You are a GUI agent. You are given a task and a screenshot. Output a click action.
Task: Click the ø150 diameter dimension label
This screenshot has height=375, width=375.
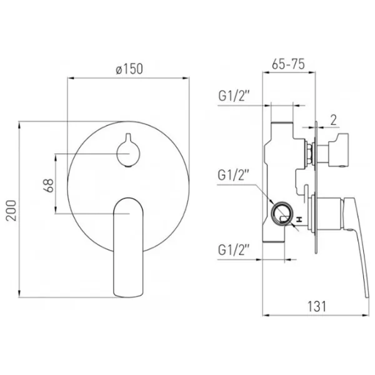click(129, 69)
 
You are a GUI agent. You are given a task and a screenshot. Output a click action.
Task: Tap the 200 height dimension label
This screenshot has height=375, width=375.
click(11, 211)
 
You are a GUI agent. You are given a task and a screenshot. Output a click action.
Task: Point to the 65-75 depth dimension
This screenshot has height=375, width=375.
click(288, 64)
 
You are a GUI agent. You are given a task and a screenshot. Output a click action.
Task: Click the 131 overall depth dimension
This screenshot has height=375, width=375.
click(316, 306)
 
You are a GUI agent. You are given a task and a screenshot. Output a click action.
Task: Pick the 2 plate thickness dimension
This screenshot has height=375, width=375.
click(333, 120)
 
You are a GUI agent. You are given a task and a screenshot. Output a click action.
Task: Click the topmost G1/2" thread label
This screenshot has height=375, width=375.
click(234, 96)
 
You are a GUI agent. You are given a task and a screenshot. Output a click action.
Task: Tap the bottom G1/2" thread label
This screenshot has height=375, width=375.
click(234, 250)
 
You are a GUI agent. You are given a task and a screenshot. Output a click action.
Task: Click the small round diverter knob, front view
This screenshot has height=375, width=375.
click(128, 151)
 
